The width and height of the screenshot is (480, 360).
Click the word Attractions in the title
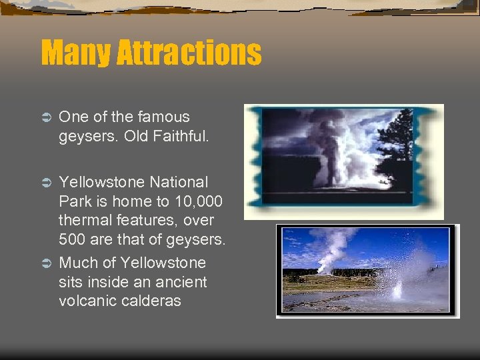tap(189, 53)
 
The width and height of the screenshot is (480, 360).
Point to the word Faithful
tap(180, 136)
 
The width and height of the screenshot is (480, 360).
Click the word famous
tap(165, 117)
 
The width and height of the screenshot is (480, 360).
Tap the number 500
tap(72, 240)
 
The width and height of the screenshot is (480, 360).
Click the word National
tap(179, 182)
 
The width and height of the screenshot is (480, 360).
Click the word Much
tap(75, 263)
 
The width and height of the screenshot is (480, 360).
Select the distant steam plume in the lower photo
tap(330, 247)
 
